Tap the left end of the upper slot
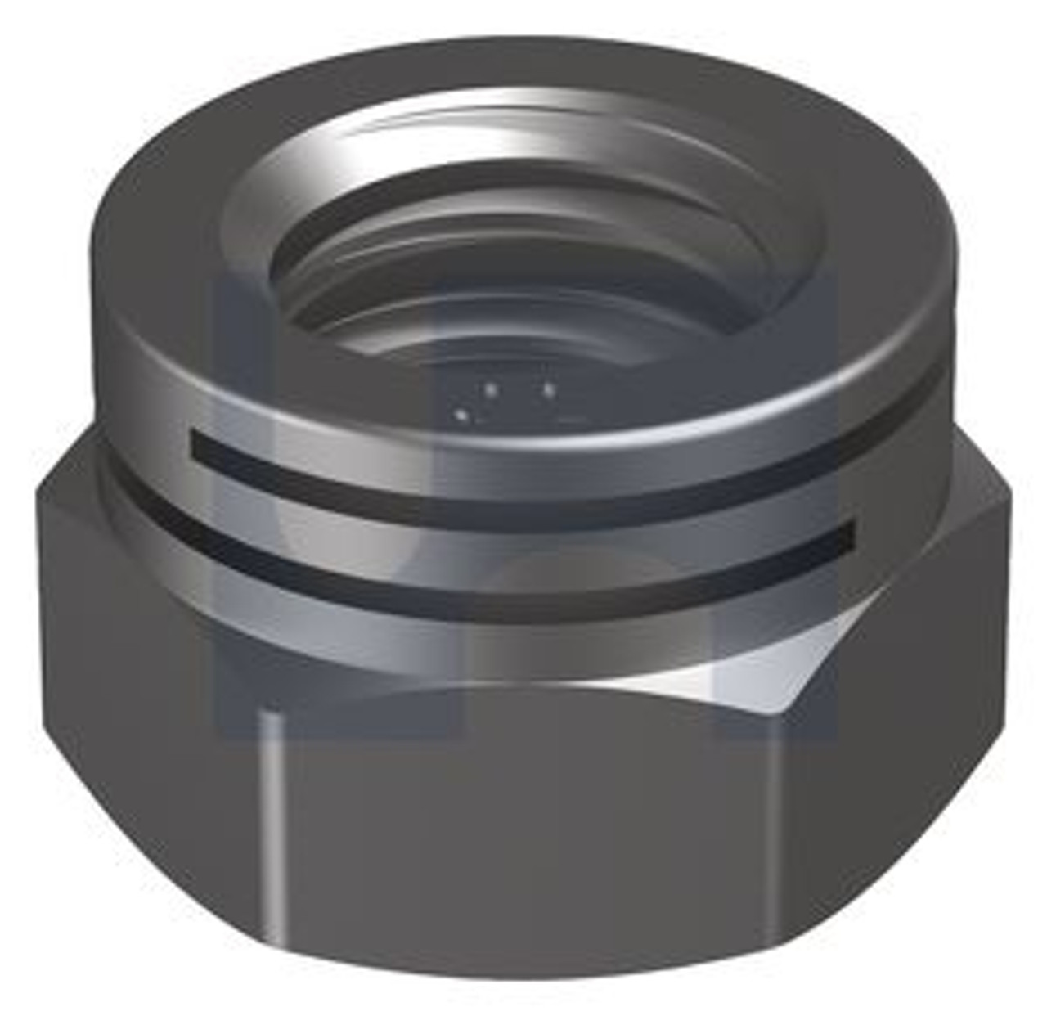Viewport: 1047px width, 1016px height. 196,444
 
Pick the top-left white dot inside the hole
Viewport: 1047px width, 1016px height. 490,390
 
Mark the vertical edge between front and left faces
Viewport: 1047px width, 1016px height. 270,818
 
